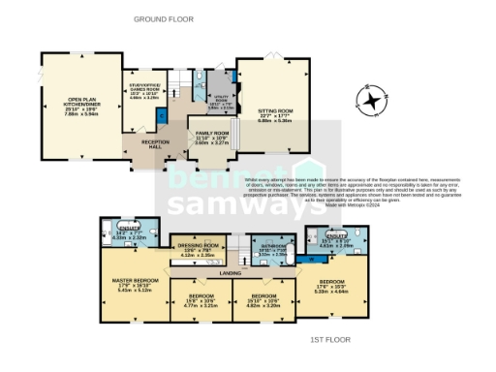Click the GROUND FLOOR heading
click(x=161, y=19)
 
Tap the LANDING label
click(x=230, y=273)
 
